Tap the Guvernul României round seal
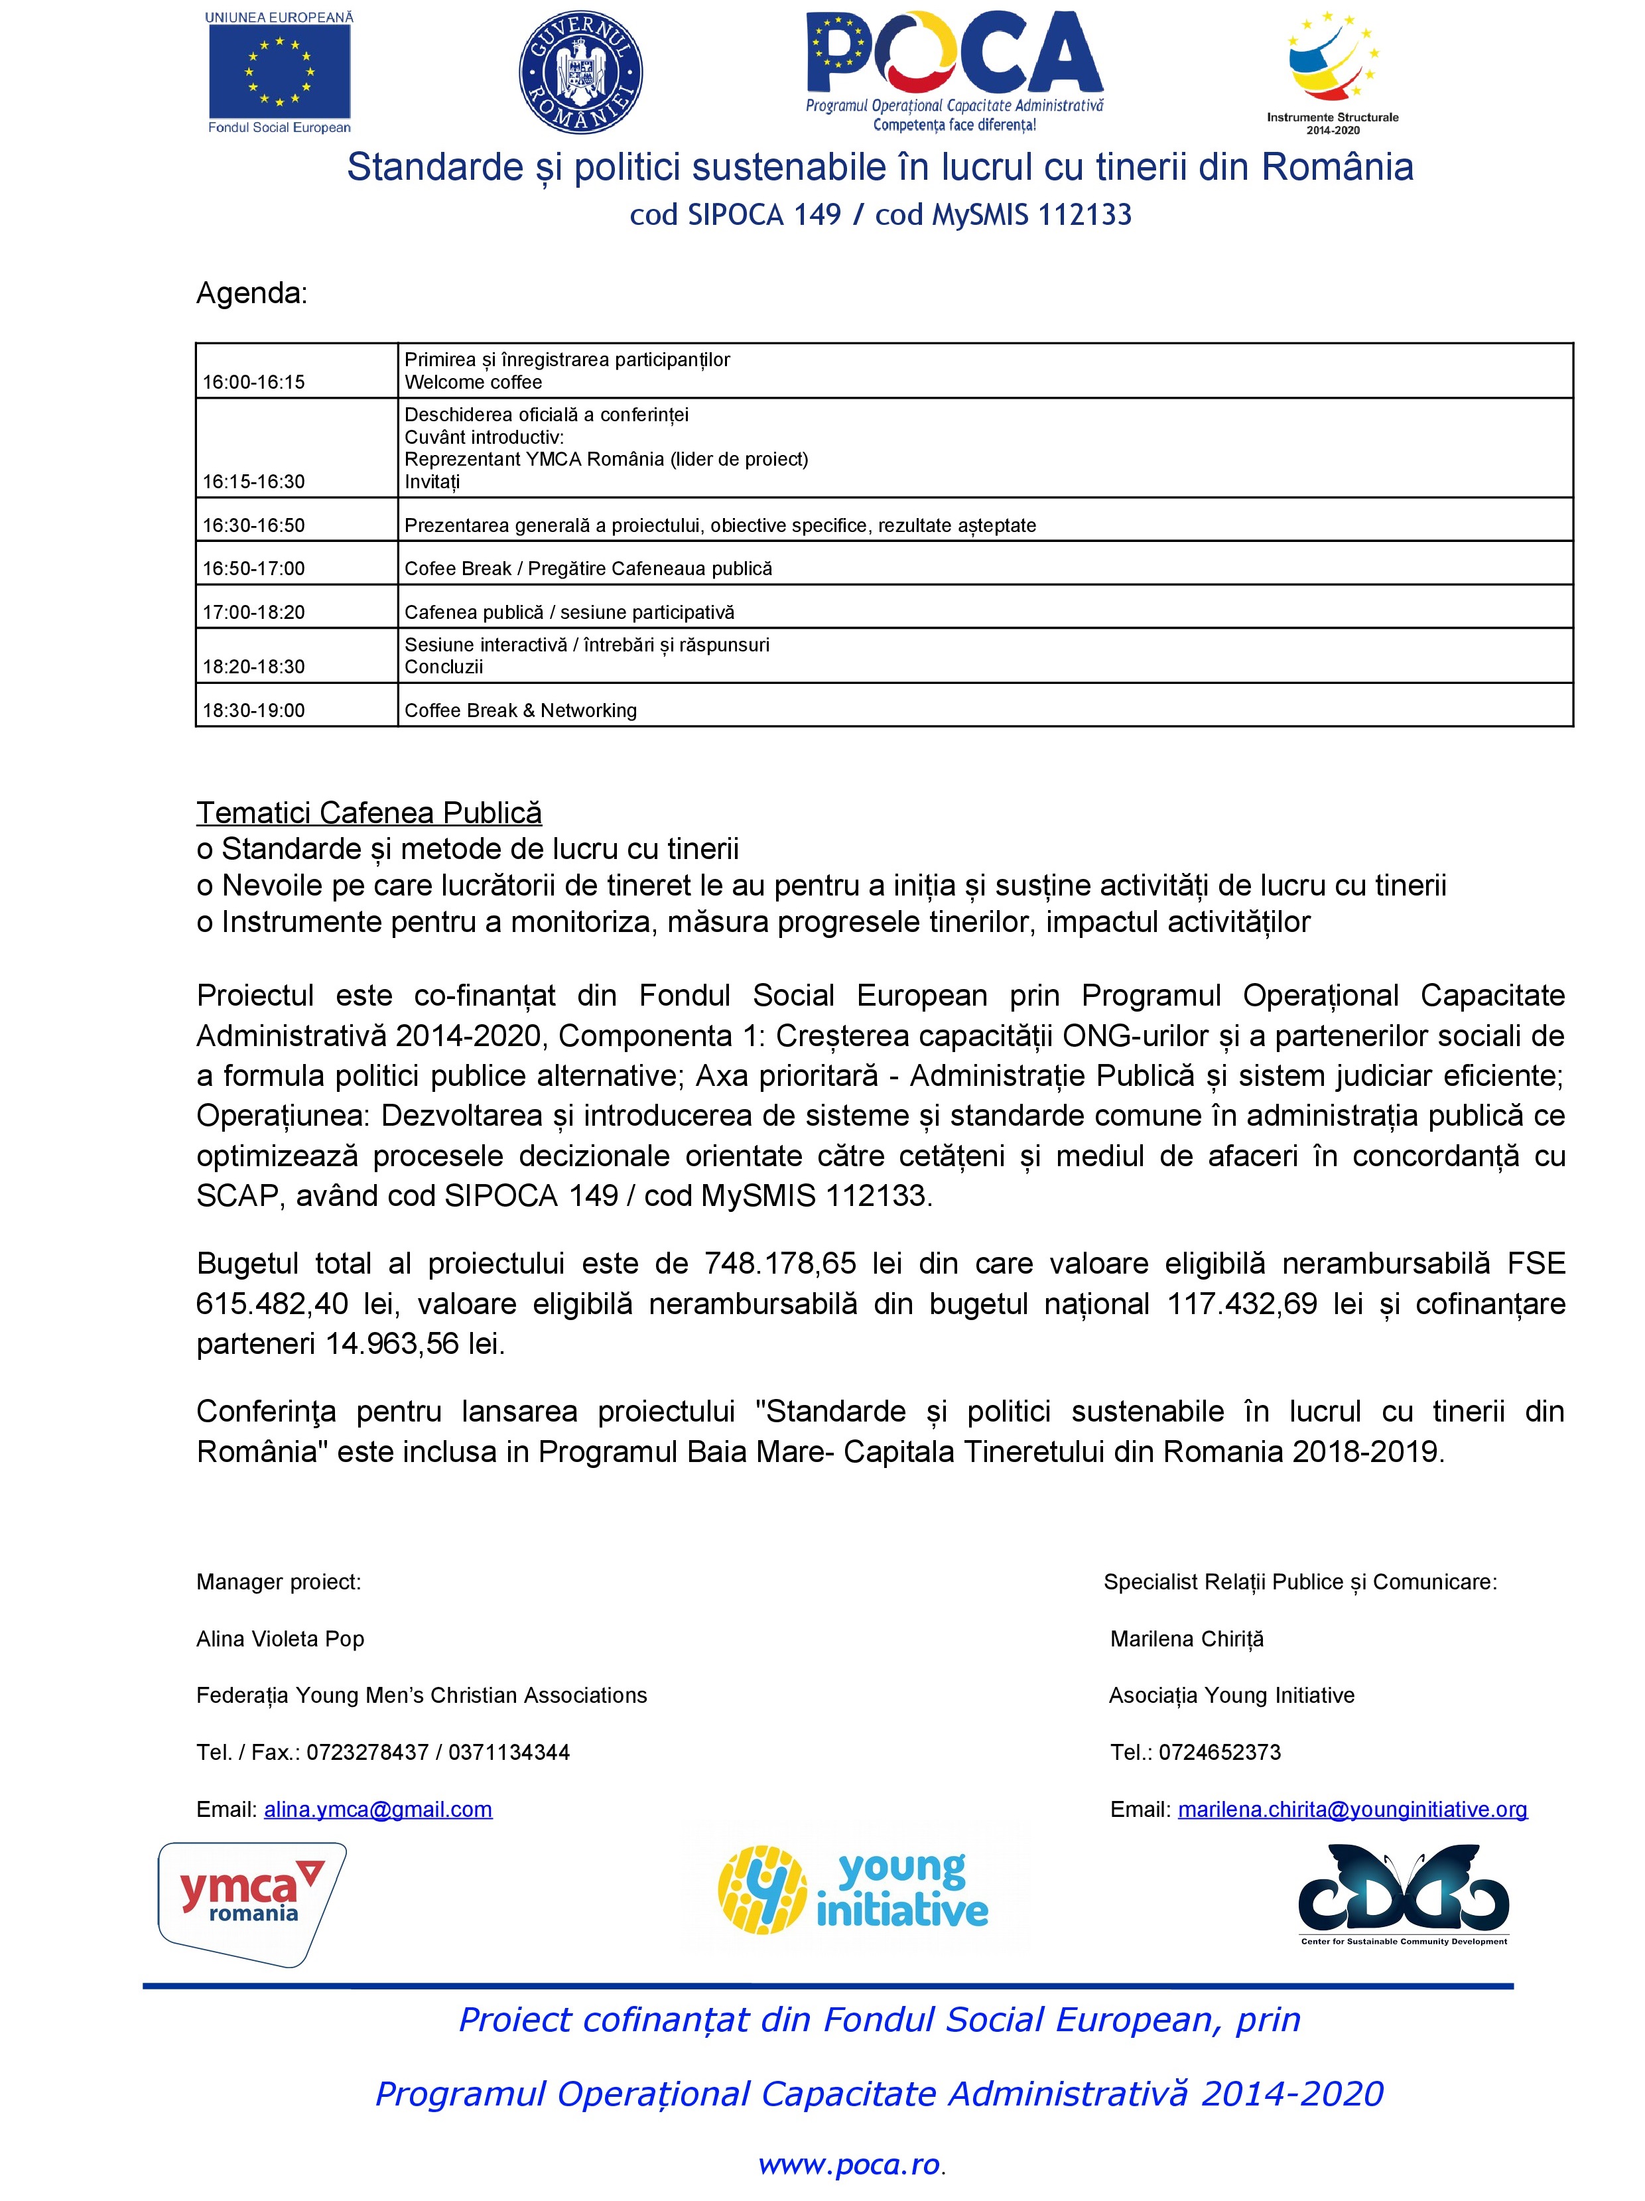[x=580, y=72]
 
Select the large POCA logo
[x=953, y=70]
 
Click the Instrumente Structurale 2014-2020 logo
[x=1331, y=70]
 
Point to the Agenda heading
[x=252, y=293]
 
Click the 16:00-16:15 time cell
[x=254, y=382]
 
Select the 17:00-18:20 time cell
[x=254, y=612]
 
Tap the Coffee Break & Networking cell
[x=521, y=710]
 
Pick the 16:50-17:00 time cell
[x=254, y=568]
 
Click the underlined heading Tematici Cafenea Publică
[x=369, y=813]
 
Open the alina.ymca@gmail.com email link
[x=378, y=1809]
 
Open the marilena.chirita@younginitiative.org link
[x=1351, y=1809]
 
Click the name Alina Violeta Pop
[x=281, y=1638]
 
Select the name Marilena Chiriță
[x=1186, y=1638]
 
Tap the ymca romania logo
[x=252, y=1904]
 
